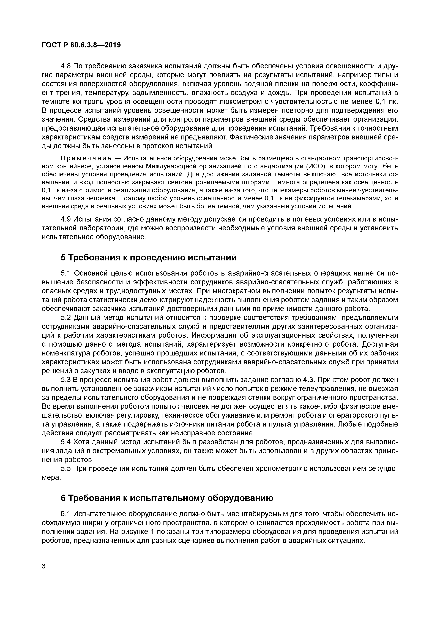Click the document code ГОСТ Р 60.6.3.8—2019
click(81, 45)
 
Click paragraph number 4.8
click(66, 66)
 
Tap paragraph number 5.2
click(66, 317)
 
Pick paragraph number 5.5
click(66, 469)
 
